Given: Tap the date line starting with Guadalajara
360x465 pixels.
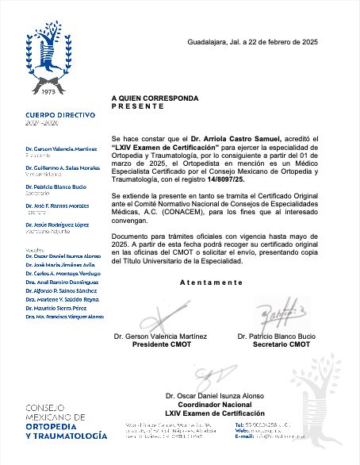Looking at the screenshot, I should pos(251,41).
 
